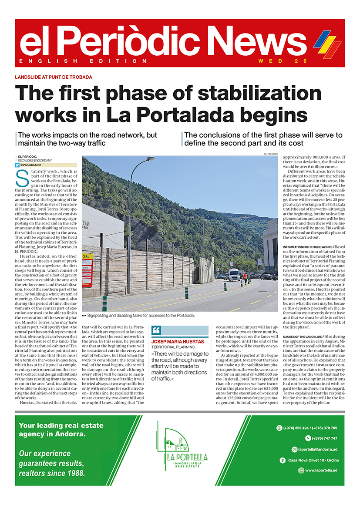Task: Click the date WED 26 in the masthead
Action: tap(283, 61)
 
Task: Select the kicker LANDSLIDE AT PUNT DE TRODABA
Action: tap(54, 77)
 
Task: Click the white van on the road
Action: tap(234, 274)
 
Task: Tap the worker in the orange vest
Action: tap(245, 277)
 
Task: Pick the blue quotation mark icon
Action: tap(156, 330)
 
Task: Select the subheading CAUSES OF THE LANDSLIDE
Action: tap(303, 337)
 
